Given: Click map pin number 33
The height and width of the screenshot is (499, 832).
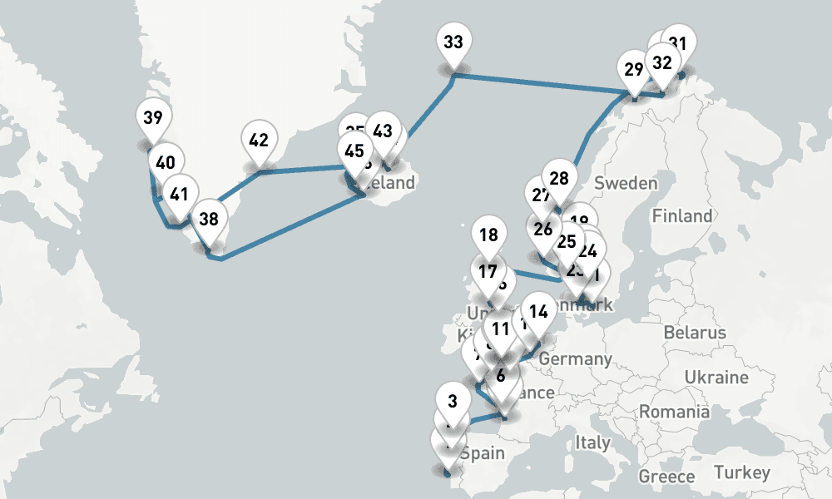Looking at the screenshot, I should [x=453, y=42].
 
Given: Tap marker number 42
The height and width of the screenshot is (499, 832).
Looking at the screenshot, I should [x=258, y=141].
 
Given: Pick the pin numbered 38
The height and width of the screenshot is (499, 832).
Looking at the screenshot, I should [x=209, y=220].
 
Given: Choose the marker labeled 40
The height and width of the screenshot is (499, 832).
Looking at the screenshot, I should [x=166, y=163].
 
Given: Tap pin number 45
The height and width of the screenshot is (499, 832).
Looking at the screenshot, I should [x=354, y=151].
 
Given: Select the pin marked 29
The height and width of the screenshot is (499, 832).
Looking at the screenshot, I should [x=634, y=69].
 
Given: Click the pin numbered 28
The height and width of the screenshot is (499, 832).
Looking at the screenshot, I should [x=559, y=178].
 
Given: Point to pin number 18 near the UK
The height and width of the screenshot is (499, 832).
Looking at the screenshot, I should [x=489, y=235].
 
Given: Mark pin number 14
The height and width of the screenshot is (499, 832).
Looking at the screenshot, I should [x=539, y=313].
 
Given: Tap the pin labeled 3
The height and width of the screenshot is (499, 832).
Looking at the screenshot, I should [x=453, y=401].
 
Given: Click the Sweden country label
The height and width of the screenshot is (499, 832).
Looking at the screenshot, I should [x=626, y=183].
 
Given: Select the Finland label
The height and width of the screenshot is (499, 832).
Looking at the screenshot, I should [x=682, y=216].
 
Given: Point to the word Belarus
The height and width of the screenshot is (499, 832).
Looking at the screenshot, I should [x=695, y=333].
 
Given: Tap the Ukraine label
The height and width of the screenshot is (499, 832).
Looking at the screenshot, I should [x=716, y=377].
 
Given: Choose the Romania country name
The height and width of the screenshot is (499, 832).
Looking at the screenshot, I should [x=675, y=412].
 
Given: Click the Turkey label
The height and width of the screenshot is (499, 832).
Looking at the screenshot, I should [x=741, y=472].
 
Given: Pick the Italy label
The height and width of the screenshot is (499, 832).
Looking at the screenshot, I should [x=592, y=442].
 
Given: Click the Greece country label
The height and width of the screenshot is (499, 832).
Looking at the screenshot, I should [x=666, y=477].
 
